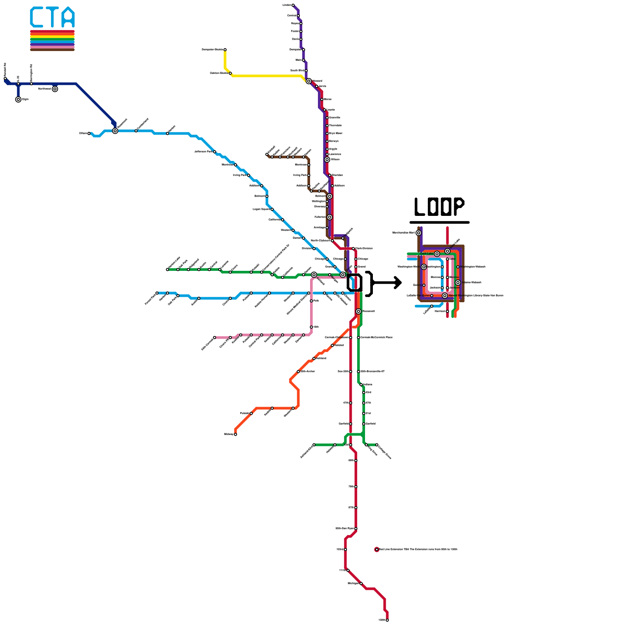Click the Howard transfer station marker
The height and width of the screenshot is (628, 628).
(309, 81)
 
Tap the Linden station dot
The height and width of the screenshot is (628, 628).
(293, 5)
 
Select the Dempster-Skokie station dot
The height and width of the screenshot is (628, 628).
(225, 50)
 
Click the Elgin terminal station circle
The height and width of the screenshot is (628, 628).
(18, 100)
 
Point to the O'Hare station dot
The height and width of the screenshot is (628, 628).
(89, 133)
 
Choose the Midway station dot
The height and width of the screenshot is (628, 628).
(235, 434)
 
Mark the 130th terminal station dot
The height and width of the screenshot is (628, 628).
(387, 620)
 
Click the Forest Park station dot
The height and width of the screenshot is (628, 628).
(157, 293)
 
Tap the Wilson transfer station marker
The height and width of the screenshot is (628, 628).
(327, 160)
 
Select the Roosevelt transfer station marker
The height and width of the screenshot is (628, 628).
(358, 311)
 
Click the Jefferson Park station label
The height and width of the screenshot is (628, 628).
(203, 152)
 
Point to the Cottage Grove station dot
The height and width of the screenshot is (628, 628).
(377, 445)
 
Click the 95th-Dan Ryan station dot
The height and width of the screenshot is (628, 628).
(356, 529)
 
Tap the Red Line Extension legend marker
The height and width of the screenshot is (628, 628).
(377, 549)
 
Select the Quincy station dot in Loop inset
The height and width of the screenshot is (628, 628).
(424, 285)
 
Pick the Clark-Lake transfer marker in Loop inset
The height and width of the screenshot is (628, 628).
(437, 254)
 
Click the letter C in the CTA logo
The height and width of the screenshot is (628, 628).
(37, 17)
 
